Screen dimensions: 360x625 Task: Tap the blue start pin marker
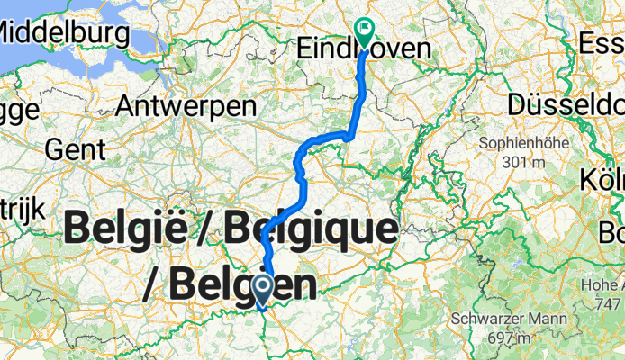pyautogui.click(x=263, y=290)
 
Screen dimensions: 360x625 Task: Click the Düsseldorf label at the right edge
pyautogui.click(x=566, y=104)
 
